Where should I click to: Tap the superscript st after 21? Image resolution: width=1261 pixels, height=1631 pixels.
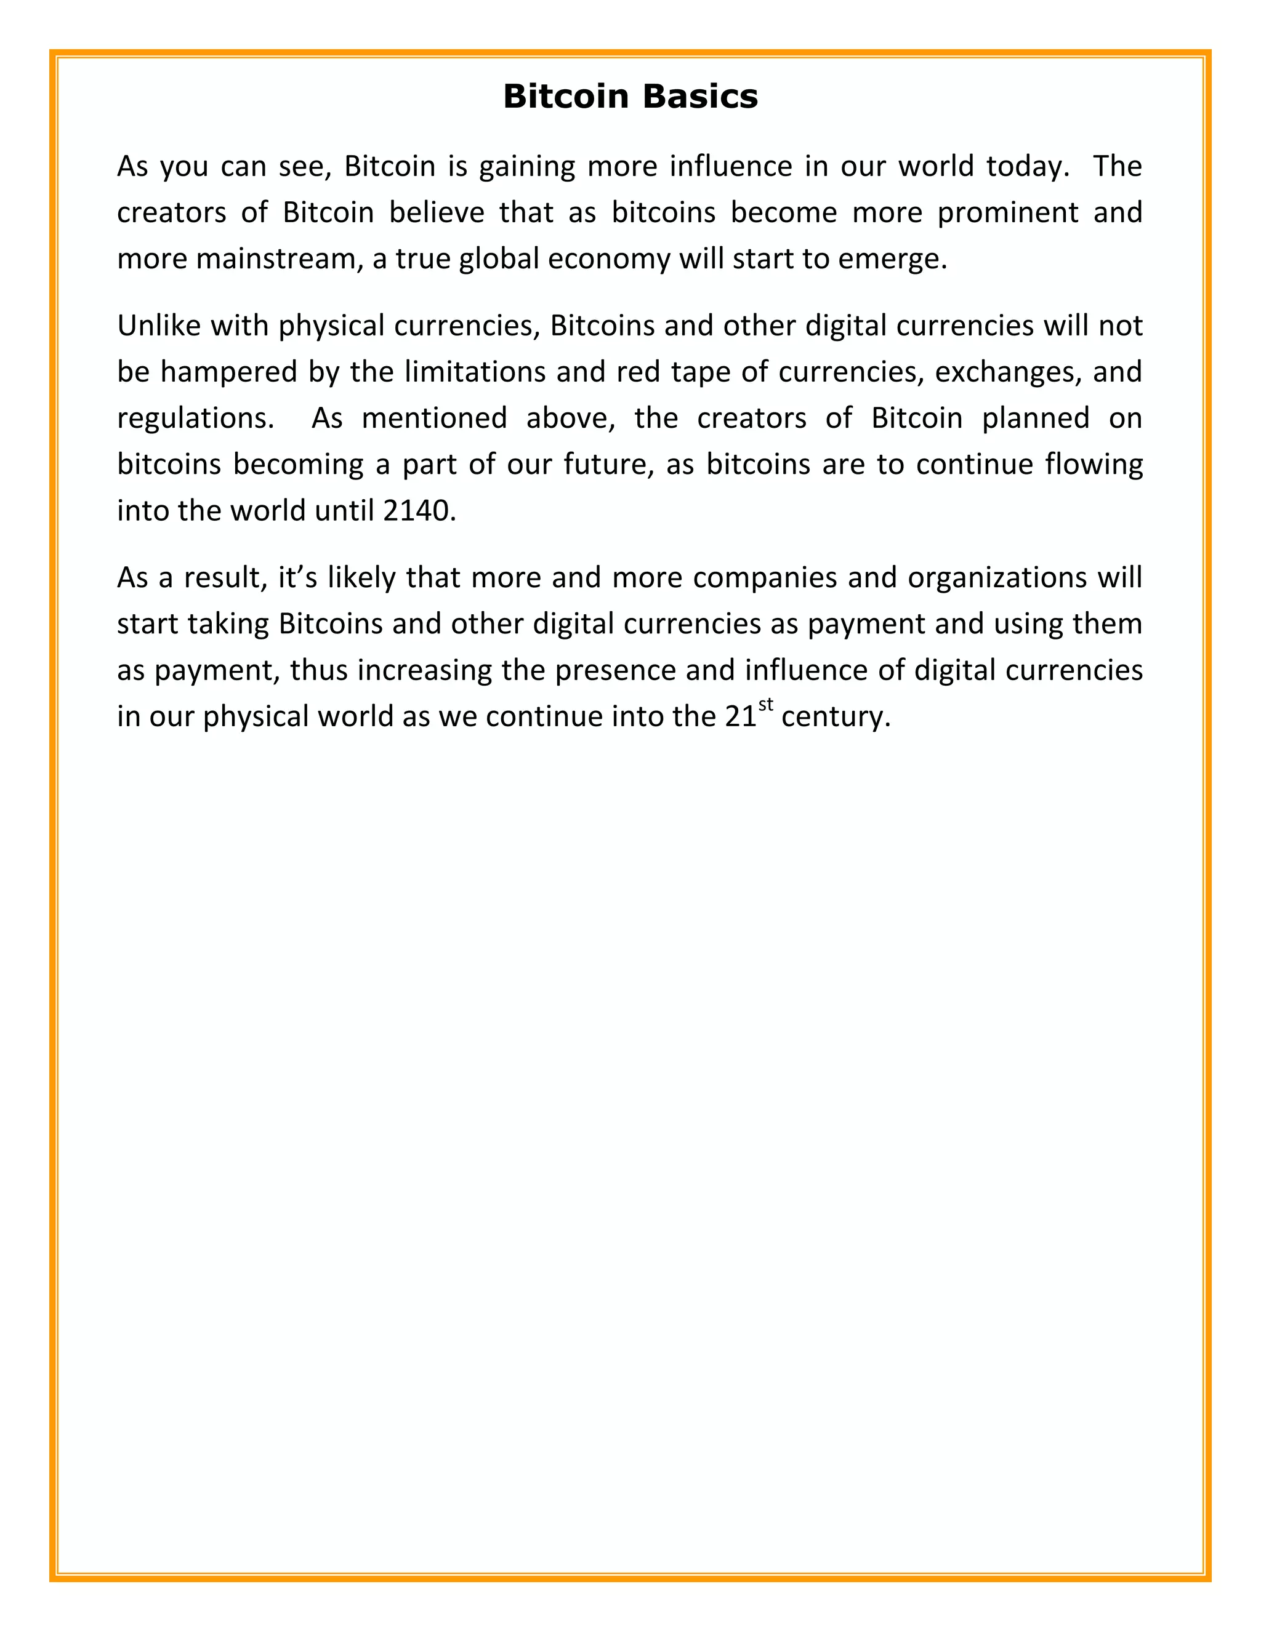(766, 704)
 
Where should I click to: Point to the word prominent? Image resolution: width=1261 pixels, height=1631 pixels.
(1008, 213)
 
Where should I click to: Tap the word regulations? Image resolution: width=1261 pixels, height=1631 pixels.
(191, 418)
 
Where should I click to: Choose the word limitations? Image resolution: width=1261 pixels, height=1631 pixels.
(474, 372)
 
